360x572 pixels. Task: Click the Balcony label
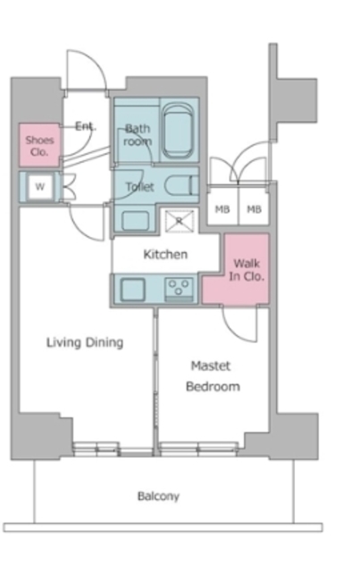(x=158, y=496)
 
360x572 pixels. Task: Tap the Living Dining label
(x=85, y=342)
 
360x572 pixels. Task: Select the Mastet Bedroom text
(x=213, y=375)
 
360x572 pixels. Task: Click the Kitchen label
(x=165, y=254)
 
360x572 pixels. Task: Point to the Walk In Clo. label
(x=247, y=270)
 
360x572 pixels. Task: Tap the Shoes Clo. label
(x=39, y=146)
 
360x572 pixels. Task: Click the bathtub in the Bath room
(x=178, y=130)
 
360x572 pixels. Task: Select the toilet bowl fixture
(x=181, y=185)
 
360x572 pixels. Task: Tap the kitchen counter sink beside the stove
(x=133, y=290)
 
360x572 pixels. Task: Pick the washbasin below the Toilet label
(x=135, y=221)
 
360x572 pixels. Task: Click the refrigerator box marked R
(x=179, y=221)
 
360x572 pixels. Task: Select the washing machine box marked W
(x=40, y=187)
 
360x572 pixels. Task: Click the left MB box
(x=222, y=208)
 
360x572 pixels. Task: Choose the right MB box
(x=254, y=208)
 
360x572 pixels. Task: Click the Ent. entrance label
(x=86, y=126)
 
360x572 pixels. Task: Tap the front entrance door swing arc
(x=88, y=70)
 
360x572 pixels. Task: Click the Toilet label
(x=139, y=187)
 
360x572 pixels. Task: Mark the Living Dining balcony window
(x=113, y=449)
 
